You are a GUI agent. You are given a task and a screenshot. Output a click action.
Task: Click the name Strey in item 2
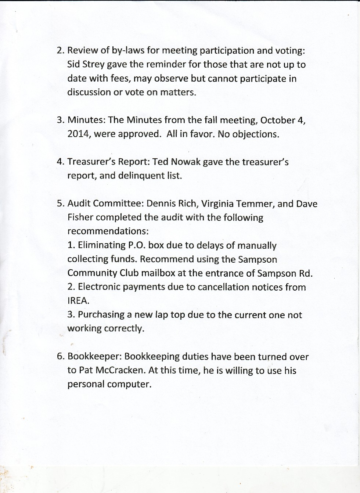click(x=94, y=65)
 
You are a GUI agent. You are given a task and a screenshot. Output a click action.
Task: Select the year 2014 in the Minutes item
click(x=79, y=134)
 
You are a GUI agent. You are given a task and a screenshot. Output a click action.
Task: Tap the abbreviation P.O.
click(x=137, y=245)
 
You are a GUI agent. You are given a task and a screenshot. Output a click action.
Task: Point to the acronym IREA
click(x=78, y=301)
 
